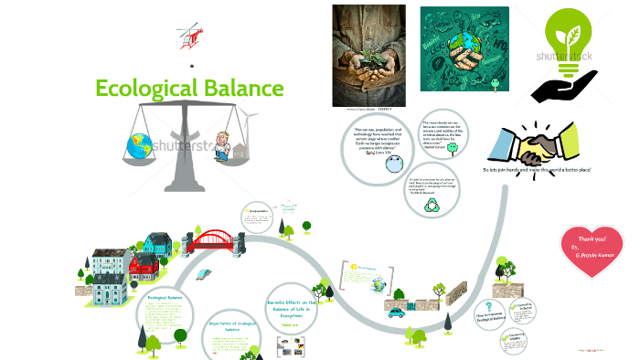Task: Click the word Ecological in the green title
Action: click(x=140, y=89)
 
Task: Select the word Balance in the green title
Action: click(x=236, y=89)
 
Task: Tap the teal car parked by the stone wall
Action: click(x=396, y=312)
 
